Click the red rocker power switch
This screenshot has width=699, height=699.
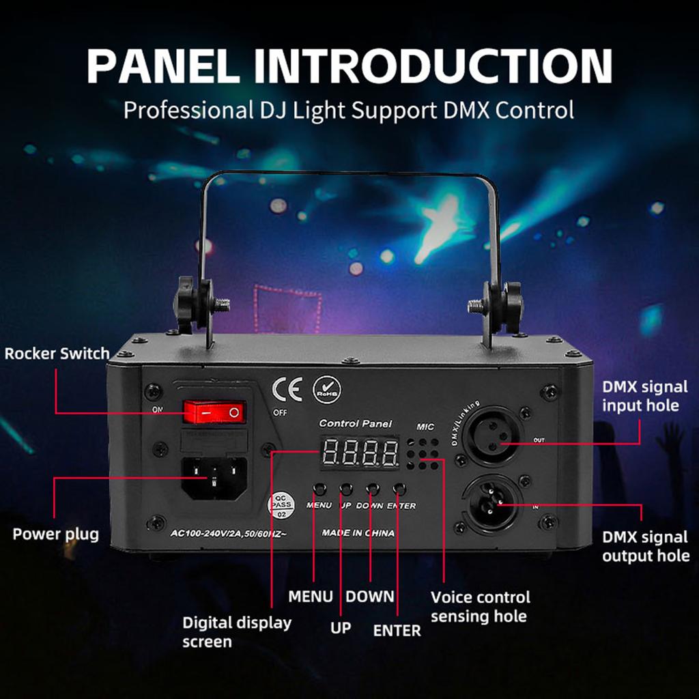click(x=214, y=412)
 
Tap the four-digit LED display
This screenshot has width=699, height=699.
click(x=360, y=453)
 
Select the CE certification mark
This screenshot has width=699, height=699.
click(x=287, y=389)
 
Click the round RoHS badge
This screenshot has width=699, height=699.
click(x=327, y=390)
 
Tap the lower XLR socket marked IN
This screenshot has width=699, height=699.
click(x=493, y=506)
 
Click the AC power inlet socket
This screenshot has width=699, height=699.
click(x=214, y=477)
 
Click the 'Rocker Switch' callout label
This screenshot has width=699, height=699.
click(x=57, y=354)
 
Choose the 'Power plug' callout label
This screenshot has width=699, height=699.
click(x=56, y=534)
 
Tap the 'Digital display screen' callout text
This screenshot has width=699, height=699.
click(x=236, y=632)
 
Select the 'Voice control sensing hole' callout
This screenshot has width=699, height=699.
click(x=480, y=607)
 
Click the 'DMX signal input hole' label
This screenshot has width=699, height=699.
click(x=644, y=396)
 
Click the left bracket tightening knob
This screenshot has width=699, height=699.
click(x=186, y=301)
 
